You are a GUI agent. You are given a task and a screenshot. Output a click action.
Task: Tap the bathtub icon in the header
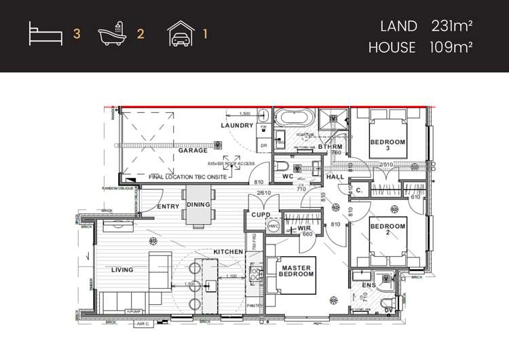click(111, 34)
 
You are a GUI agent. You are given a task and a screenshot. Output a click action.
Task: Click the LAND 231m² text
click(427, 26)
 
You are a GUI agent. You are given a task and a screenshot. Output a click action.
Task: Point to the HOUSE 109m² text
click(420, 48)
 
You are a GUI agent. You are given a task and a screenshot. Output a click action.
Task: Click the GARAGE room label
click(193, 151)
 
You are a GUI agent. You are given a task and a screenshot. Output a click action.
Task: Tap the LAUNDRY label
click(237, 126)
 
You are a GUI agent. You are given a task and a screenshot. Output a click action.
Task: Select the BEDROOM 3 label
click(388, 145)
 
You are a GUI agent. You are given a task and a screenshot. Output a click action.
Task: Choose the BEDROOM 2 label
click(388, 230)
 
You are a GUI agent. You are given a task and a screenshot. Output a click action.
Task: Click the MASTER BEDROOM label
click(297, 270)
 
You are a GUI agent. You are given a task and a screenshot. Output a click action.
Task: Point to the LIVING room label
click(122, 270)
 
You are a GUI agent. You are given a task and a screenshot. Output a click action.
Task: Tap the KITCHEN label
click(228, 252)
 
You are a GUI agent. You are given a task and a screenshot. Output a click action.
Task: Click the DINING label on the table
click(199, 204)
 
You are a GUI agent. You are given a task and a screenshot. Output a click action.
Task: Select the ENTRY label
click(168, 206)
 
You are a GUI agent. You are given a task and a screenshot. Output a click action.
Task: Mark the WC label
click(287, 177)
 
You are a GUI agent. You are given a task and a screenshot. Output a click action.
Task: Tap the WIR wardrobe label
click(304, 228)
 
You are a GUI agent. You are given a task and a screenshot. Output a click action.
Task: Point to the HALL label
click(335, 177)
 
